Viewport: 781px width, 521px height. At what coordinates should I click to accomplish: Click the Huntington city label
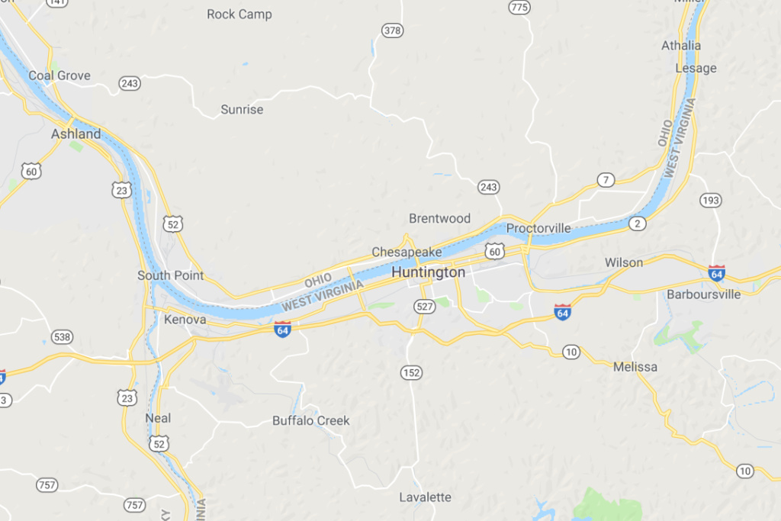point(428,272)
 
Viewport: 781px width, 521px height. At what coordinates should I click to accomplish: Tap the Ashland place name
point(76,134)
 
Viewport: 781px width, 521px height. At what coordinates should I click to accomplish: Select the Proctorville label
point(538,228)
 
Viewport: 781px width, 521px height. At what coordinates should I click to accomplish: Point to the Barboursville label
point(703,294)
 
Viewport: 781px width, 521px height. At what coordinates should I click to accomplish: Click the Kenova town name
point(185,320)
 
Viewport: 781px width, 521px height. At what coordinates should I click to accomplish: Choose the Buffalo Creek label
point(311,420)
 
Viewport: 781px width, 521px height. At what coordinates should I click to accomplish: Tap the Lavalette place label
point(426,497)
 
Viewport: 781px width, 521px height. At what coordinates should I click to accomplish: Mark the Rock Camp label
point(239,14)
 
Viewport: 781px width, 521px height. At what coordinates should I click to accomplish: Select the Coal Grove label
point(59,76)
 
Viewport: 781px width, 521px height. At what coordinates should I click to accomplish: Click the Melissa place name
point(635,367)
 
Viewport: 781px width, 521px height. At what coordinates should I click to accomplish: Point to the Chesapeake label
point(407,252)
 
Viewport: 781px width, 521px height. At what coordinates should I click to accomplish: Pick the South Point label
point(171,275)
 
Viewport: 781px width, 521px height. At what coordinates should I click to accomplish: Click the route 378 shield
point(392,31)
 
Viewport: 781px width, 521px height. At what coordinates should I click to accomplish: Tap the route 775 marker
point(519,8)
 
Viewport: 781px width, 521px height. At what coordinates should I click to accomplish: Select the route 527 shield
point(426,306)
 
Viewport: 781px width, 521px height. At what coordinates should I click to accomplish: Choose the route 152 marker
point(411,372)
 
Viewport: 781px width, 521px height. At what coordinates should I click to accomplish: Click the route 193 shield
point(710,200)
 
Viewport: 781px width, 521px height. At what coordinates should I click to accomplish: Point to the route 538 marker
point(62,336)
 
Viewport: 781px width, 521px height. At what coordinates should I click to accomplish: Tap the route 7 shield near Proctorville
point(606,180)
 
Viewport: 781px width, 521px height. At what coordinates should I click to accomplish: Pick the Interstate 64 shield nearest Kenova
point(283,329)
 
